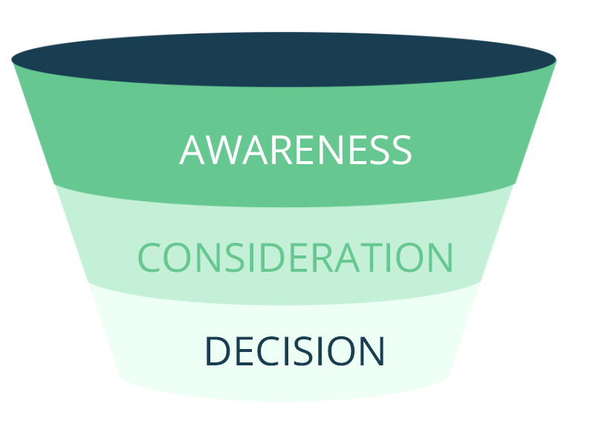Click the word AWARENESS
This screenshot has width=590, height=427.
[296, 150]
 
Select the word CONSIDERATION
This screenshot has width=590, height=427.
[296, 258]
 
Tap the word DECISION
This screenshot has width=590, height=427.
[294, 351]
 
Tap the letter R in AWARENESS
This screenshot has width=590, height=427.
[274, 150]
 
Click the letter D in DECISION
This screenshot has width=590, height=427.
[217, 351]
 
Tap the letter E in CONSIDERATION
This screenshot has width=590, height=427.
[299, 258]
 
